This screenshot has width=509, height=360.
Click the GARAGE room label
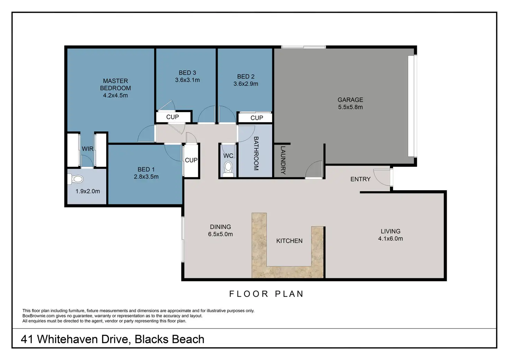click(x=350, y=100)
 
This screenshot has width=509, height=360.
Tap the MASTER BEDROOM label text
click(x=115, y=84)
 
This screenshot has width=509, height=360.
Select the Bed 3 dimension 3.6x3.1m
click(x=187, y=80)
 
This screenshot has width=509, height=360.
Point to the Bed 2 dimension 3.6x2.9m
click(x=246, y=84)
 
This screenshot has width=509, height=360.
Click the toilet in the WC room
click(x=228, y=169)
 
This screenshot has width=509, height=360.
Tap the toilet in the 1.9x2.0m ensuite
click(x=76, y=179)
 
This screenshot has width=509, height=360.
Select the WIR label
click(x=87, y=149)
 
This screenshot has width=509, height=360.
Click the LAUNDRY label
click(x=283, y=160)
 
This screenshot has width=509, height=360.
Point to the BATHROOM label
click(x=256, y=154)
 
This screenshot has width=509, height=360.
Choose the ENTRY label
click(x=360, y=179)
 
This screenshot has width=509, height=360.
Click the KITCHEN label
click(x=289, y=241)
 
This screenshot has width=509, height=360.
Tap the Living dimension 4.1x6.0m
click(x=390, y=238)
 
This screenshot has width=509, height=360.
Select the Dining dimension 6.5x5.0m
click(x=220, y=234)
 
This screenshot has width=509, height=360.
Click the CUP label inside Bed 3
click(x=173, y=117)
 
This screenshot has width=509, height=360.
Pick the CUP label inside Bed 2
click(x=257, y=118)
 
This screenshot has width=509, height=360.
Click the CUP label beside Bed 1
click(x=191, y=160)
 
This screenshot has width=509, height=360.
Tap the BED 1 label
click(x=146, y=169)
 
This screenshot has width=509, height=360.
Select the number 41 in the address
click(x=27, y=339)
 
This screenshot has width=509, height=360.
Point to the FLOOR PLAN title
click(x=266, y=294)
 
